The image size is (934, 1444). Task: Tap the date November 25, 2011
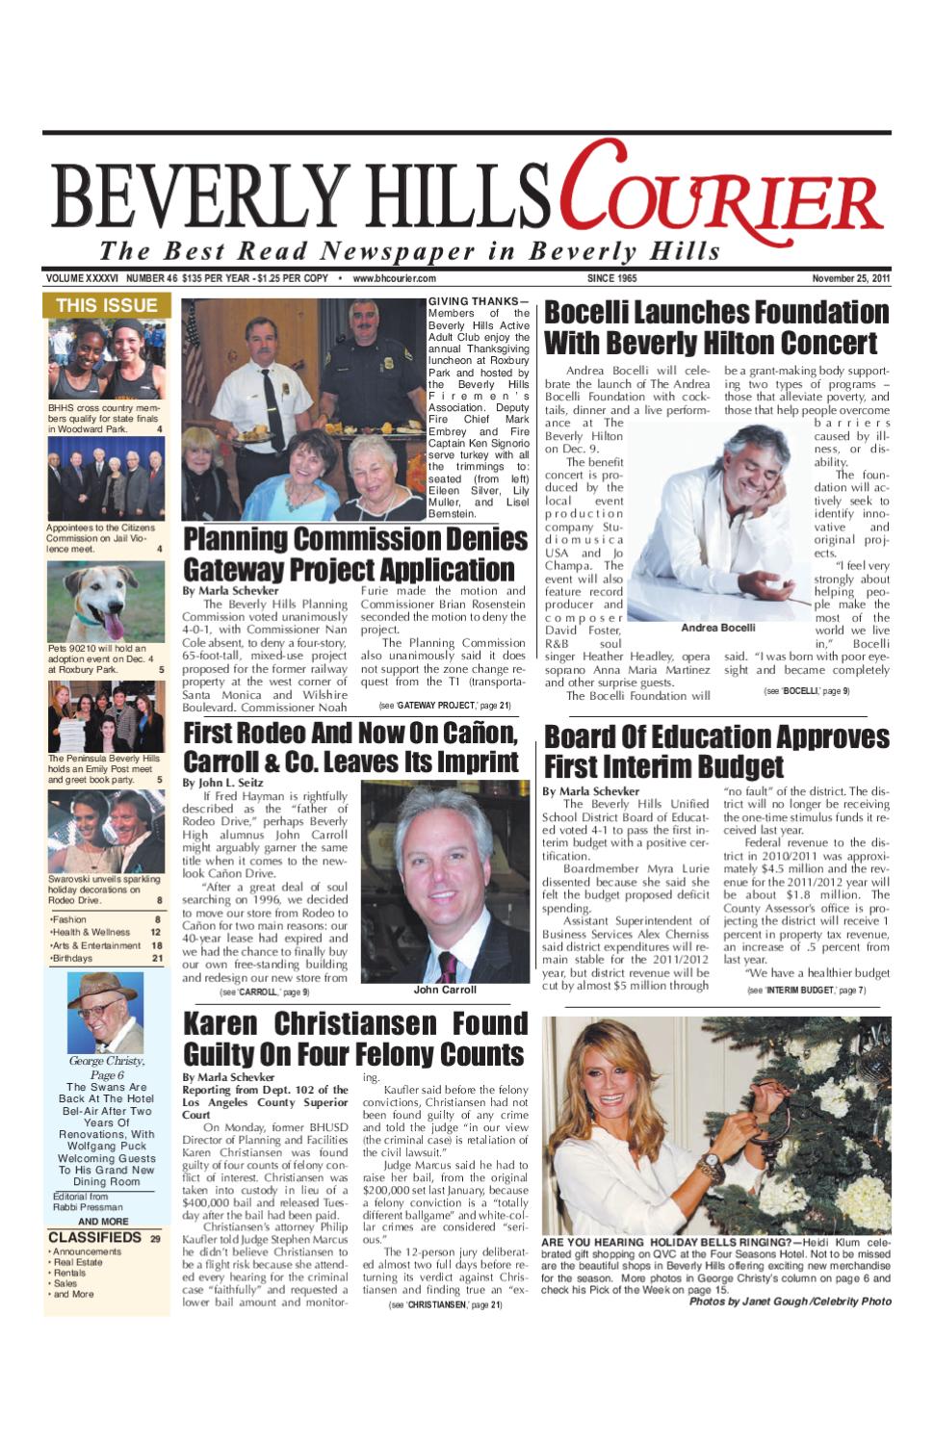(x=850, y=279)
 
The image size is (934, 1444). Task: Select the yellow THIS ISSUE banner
(x=106, y=305)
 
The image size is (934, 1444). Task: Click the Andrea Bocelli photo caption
(x=717, y=628)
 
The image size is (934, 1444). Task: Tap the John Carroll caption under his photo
(x=444, y=990)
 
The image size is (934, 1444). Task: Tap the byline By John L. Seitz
(x=222, y=783)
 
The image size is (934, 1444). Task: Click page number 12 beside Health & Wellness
(x=155, y=932)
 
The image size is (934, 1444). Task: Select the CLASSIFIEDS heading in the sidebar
(x=94, y=1237)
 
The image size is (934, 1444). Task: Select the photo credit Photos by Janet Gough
(x=790, y=1302)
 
